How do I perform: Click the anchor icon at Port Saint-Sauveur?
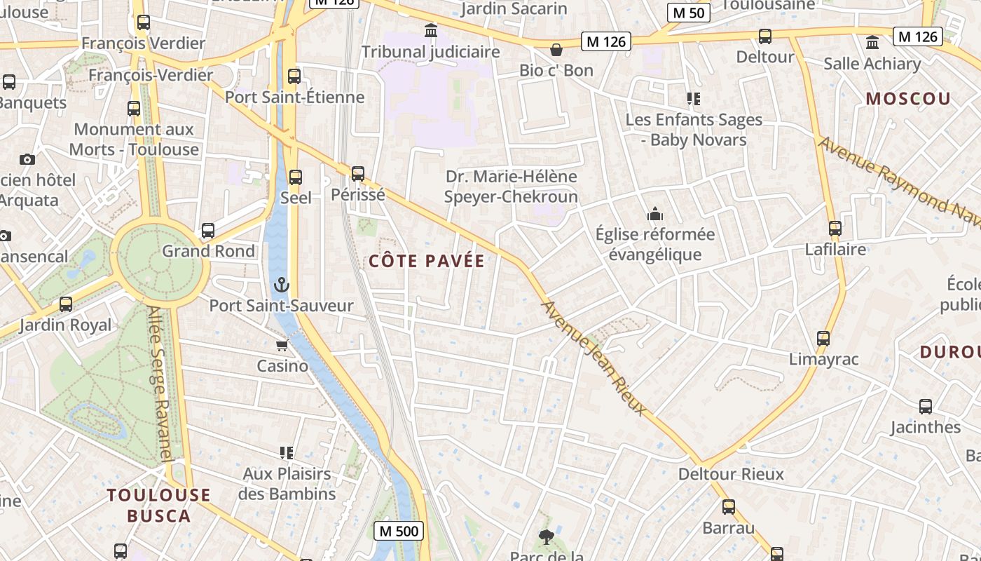281,285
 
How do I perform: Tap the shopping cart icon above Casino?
282,345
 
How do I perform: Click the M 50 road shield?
689,13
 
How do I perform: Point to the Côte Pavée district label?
427,262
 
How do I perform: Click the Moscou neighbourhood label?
908,99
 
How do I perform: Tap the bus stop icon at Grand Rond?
208,231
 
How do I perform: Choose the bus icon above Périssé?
358,173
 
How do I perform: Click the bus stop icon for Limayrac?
823,339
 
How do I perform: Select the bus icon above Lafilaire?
835,229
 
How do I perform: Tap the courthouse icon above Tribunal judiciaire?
431,31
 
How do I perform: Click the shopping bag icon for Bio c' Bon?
556,50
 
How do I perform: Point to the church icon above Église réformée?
655,213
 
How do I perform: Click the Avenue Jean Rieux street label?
594,358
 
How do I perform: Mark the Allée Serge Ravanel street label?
160,385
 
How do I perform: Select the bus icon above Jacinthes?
926,407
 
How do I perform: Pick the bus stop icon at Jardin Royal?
66,304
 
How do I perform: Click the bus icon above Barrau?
729,507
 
